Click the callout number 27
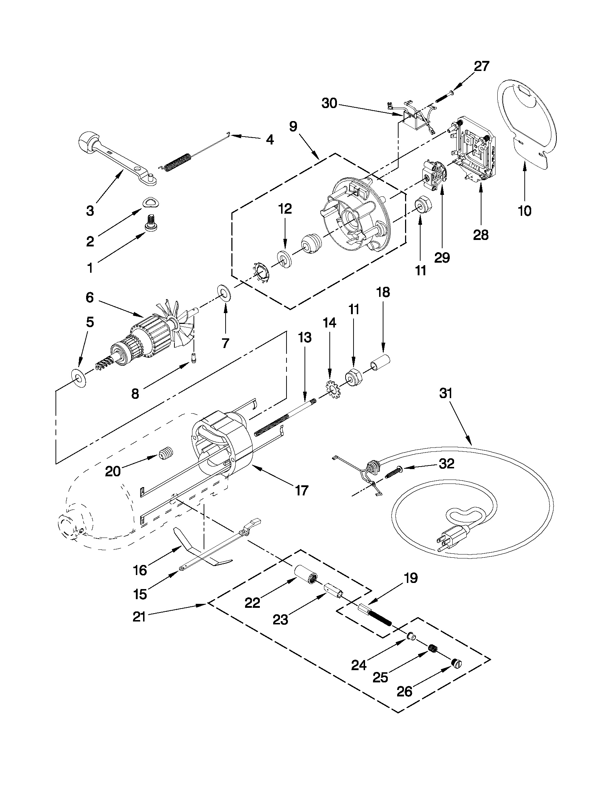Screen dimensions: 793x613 pos(481,66)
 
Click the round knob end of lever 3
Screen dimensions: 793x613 pos(88,142)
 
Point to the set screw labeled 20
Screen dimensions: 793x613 pos(167,454)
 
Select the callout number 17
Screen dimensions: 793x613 pos(302,490)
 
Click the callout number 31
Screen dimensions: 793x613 pos(446,393)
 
